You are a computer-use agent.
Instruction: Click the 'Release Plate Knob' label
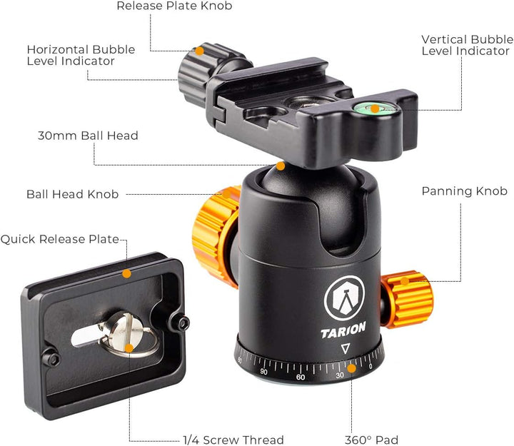tap(174, 6)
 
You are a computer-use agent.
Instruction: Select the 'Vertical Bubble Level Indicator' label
tap(465, 45)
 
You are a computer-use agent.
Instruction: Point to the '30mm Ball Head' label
tap(88, 136)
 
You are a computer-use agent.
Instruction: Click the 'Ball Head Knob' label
tap(72, 193)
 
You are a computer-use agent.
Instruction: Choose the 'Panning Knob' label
tap(464, 191)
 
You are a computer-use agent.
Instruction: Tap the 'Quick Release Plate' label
tap(59, 240)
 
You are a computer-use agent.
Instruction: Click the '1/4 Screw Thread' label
tap(233, 440)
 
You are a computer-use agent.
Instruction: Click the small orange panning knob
tap(407, 296)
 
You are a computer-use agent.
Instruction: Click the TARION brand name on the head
tap(343, 329)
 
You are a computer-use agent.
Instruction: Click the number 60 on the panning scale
tap(301, 376)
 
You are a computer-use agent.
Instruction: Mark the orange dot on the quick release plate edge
tap(127, 273)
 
